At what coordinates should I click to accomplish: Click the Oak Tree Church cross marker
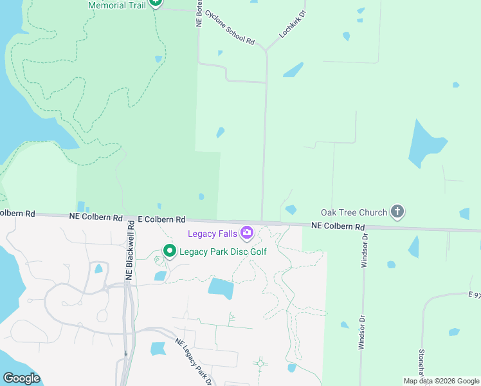click(397, 212)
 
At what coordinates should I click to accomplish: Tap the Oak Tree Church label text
click(354, 212)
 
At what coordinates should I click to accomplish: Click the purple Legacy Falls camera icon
click(246, 232)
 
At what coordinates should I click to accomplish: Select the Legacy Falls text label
click(212, 233)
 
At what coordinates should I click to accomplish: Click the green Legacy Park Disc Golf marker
click(170, 251)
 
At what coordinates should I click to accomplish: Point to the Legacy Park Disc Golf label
click(222, 252)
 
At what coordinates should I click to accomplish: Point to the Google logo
click(21, 378)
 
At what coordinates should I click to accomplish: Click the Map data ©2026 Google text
click(441, 381)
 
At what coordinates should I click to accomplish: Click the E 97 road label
click(474, 295)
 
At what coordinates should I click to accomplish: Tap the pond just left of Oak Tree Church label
click(291, 210)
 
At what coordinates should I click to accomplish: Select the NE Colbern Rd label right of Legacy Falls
click(338, 226)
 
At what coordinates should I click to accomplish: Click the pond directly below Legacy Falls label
click(221, 288)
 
